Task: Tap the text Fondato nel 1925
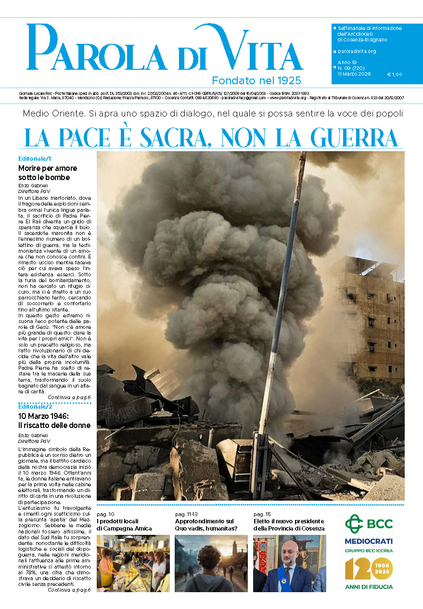coord(256,80)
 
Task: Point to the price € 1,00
coord(394,74)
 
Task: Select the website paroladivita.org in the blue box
coord(357,51)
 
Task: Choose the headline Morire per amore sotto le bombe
coord(47,173)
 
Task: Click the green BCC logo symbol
coord(355,523)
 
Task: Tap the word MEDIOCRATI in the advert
coord(369,541)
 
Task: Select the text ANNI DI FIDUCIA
coord(369,586)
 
